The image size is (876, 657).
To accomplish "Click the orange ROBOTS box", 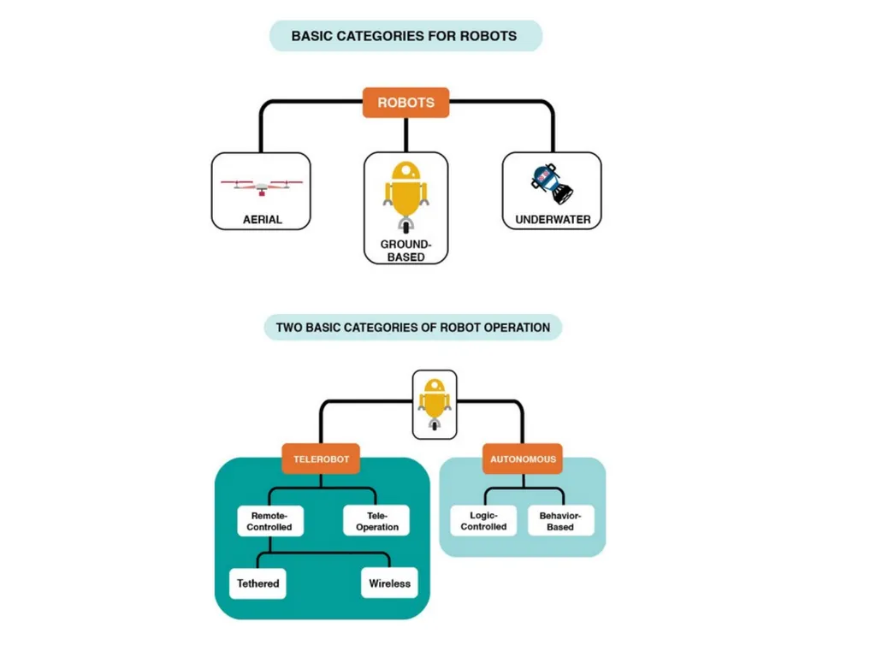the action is pos(405,103).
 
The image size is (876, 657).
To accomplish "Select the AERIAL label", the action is pos(263,220).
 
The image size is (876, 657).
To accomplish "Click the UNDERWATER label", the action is pos(553,220).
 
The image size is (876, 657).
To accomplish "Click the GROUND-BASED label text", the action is pos(406,251).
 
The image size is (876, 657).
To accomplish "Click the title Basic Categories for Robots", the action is pos(404,36).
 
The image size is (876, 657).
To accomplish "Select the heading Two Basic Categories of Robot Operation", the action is pos(413,328).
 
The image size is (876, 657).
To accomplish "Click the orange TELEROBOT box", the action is pos(322,459).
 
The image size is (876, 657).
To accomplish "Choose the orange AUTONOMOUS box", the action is pos(523,459).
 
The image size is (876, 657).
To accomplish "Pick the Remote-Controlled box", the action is pos(269,521).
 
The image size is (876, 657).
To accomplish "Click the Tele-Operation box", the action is pos(376,521).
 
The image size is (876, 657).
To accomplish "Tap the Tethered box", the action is pos(258,583).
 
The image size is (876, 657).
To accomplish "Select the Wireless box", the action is pos(389,583).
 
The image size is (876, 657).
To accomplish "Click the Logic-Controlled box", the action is pos(484,521).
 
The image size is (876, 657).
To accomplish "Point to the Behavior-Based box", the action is pos(560,521).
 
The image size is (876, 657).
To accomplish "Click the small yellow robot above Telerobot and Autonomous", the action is pos(435,405).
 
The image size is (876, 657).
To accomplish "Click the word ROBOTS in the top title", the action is pos(488,36).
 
